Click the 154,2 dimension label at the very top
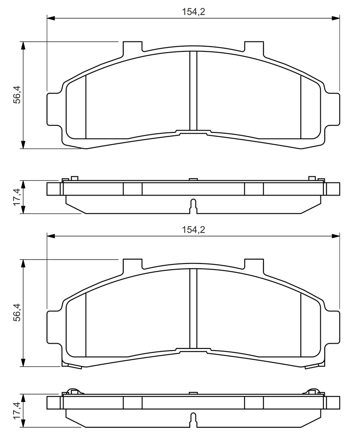[193, 12]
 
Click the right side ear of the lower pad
[332, 326]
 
